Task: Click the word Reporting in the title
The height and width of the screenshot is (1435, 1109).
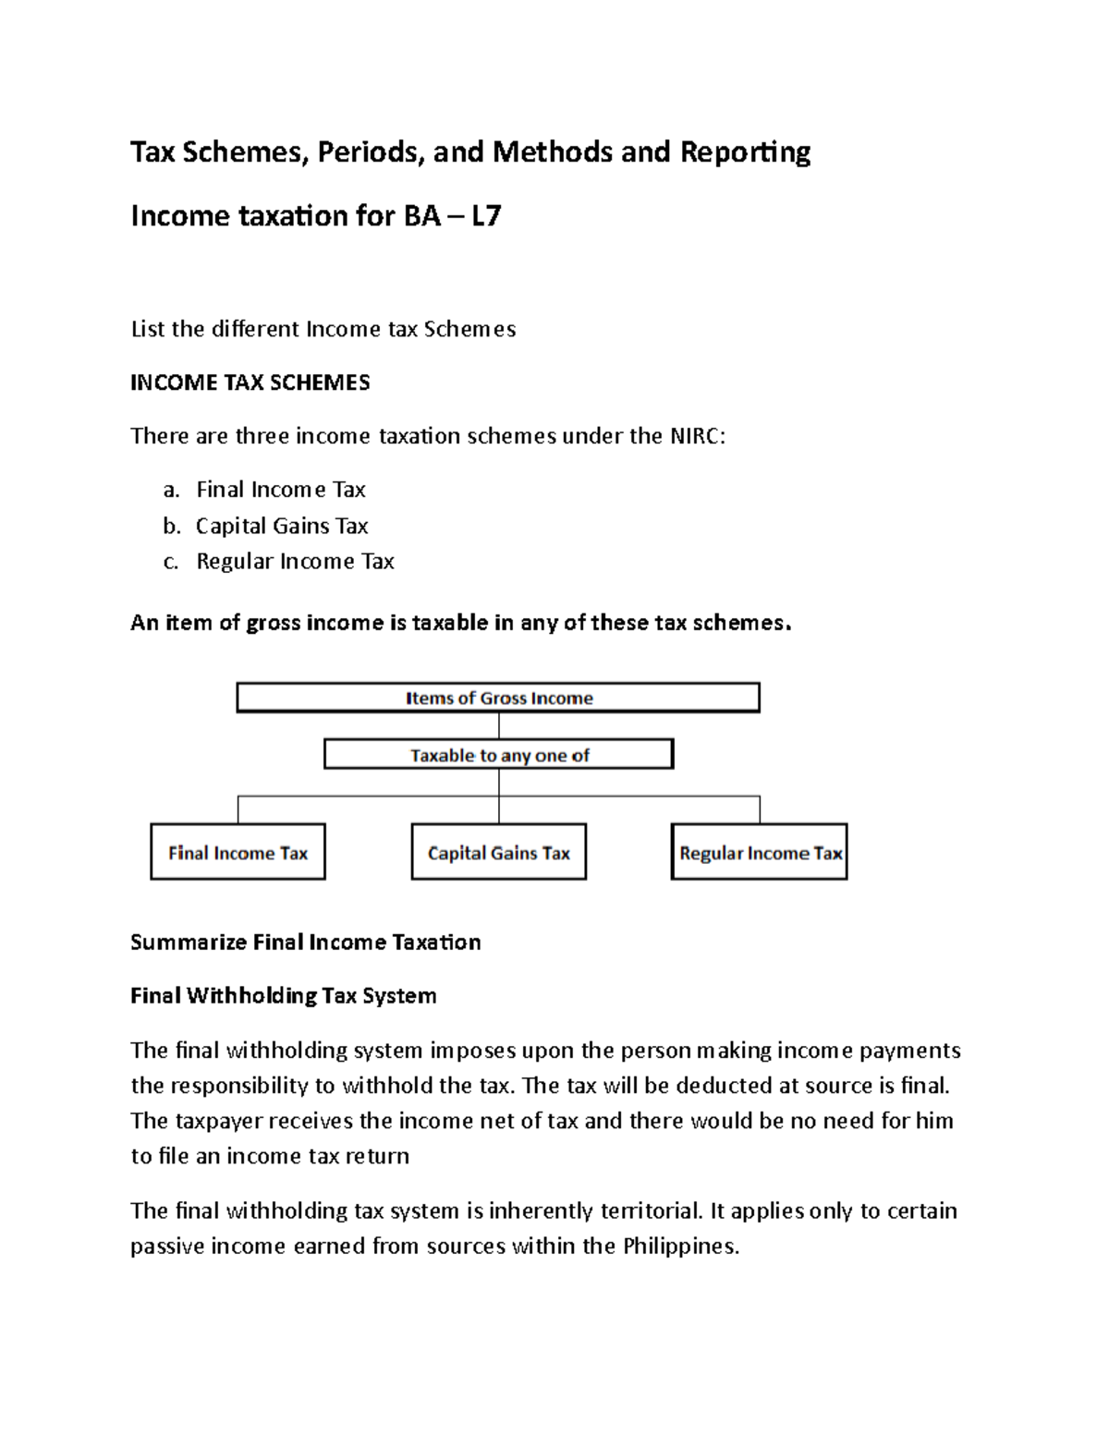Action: tap(745, 152)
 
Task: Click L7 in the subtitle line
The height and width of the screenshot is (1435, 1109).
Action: tap(485, 216)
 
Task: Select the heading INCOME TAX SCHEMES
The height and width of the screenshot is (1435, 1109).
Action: tap(250, 383)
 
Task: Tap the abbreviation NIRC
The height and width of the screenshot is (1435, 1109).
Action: tap(694, 436)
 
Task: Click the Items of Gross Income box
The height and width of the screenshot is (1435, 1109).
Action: tap(498, 698)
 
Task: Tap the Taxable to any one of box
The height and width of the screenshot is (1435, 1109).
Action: tap(498, 755)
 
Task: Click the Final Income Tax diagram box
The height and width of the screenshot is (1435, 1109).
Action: tap(238, 852)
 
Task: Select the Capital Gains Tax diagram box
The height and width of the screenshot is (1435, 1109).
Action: tap(498, 852)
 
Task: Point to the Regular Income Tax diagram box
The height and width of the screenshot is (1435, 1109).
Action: tap(759, 852)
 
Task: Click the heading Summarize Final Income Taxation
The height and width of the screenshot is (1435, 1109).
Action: tap(305, 942)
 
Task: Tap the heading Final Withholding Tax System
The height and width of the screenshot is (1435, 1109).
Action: tap(283, 996)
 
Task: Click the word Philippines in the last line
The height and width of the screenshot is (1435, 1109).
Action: tap(680, 1247)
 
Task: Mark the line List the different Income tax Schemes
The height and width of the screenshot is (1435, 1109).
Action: tap(323, 329)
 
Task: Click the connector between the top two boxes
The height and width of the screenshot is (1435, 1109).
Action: tap(499, 725)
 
